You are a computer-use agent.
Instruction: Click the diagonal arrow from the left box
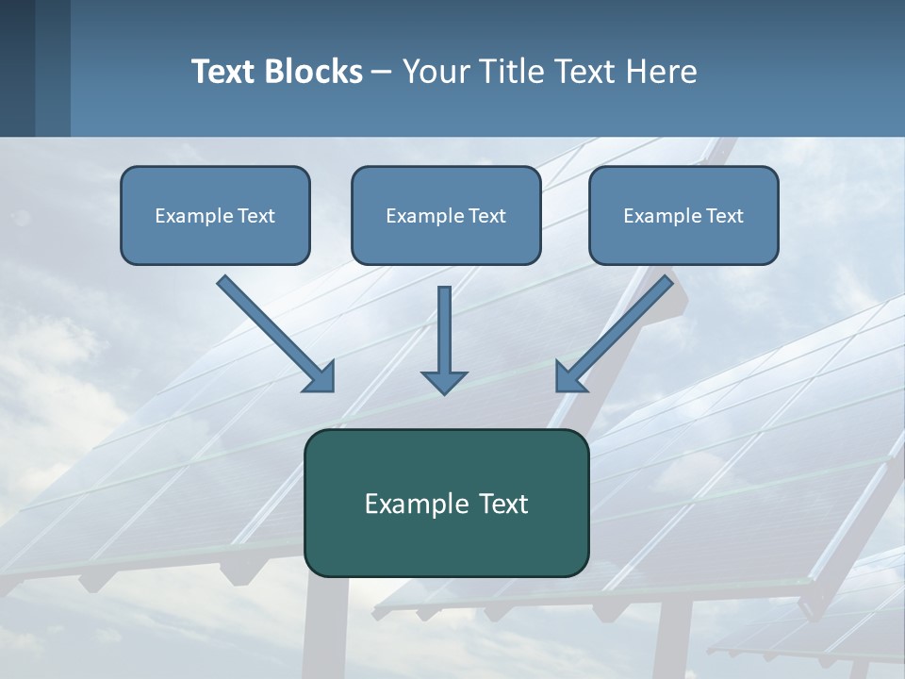pyautogui.click(x=273, y=331)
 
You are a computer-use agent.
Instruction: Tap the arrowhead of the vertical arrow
pyautogui.click(x=444, y=381)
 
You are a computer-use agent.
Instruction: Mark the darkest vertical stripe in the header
pyautogui.click(x=17, y=68)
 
